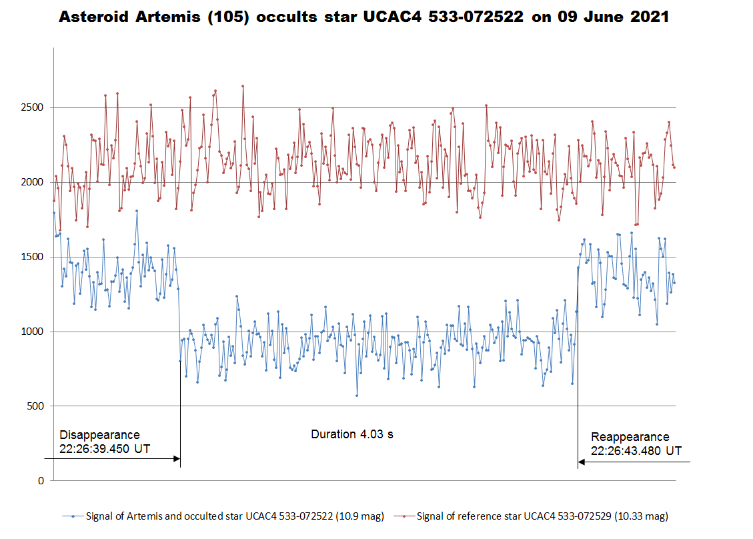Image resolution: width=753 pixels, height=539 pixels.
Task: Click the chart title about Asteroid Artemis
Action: coord(363,17)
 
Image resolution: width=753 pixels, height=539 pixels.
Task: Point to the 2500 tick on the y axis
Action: coord(32,107)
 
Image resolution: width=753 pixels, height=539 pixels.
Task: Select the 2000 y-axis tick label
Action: coord(32,182)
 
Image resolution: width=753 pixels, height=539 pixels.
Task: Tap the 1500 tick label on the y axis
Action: coord(32,257)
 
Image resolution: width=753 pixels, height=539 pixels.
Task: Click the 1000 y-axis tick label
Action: coord(32,332)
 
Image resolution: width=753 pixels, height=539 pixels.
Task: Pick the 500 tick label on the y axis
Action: coord(35,406)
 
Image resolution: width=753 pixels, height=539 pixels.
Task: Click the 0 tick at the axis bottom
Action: coord(41,480)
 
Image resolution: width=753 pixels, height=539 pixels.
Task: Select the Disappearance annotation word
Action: coord(99,435)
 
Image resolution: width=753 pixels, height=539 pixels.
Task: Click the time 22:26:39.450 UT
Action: coord(105,449)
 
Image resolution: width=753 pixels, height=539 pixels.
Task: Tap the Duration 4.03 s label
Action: coord(352,434)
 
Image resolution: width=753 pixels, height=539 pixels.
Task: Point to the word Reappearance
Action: coord(630,437)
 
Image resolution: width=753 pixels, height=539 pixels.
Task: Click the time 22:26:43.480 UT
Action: coord(636,450)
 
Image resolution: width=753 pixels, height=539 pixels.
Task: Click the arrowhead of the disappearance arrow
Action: coord(177,459)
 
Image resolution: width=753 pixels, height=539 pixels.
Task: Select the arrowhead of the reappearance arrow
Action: coord(582,462)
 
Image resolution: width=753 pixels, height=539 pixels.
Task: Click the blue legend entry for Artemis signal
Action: coord(223,516)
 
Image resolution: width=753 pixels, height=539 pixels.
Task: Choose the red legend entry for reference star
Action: coord(531,516)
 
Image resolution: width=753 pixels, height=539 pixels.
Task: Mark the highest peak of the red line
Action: coord(243,86)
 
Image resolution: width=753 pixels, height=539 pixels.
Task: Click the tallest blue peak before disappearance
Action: coord(137,210)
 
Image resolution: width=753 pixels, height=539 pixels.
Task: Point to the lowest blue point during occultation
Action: coord(357,396)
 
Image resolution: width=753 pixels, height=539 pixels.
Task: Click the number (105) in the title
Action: coord(228,17)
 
